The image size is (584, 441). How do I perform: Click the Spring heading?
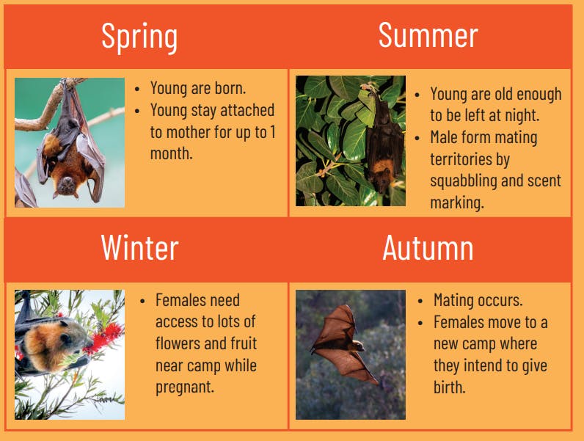(139, 36)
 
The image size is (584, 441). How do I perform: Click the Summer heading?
(428, 35)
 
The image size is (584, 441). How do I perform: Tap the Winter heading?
(139, 248)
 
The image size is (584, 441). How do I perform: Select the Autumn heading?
(428, 248)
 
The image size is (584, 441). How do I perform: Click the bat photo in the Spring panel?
(70, 142)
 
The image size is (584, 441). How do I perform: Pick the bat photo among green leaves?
(350, 141)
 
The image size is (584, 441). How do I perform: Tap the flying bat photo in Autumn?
(350, 354)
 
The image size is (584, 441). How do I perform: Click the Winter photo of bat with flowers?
(70, 354)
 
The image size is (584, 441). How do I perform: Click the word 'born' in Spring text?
(230, 89)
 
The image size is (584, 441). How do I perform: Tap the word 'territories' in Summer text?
(470, 159)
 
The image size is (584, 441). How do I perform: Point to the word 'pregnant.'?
(184, 387)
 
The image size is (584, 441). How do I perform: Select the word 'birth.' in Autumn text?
(449, 387)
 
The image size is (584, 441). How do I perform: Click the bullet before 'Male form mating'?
(417, 138)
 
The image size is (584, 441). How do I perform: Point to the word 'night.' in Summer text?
(522, 116)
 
